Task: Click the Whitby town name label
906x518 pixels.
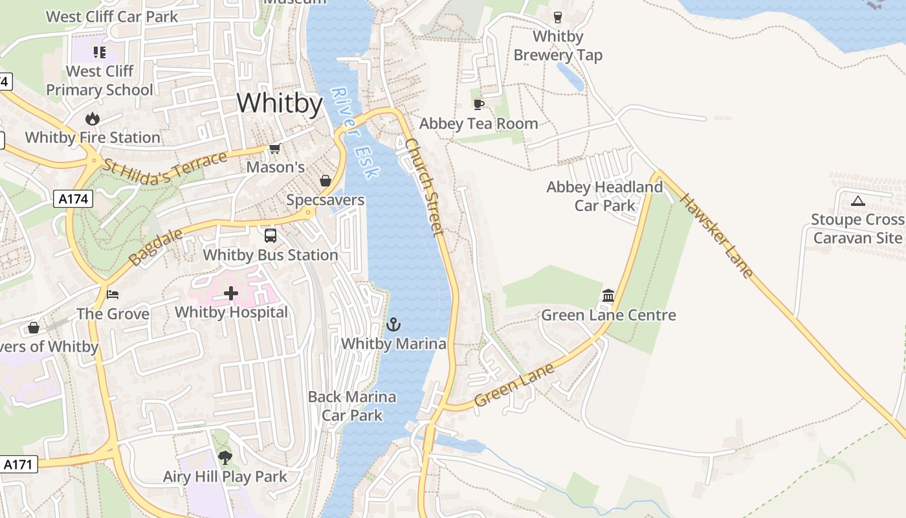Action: [x=280, y=104]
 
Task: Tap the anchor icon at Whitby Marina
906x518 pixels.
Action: [x=393, y=324]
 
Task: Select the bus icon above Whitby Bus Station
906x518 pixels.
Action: [x=271, y=236]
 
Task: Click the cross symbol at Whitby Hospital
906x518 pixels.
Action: [x=231, y=293]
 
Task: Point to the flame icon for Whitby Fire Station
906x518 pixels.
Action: [x=93, y=118]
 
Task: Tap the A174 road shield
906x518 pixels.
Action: [x=73, y=199]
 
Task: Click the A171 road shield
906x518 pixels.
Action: [x=19, y=464]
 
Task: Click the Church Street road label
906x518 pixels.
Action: [x=425, y=186]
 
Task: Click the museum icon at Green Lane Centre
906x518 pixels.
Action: [x=608, y=296]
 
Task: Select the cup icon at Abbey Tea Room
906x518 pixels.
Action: [x=479, y=104]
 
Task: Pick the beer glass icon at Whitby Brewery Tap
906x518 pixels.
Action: [x=557, y=17]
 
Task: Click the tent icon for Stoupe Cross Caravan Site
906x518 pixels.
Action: [x=857, y=201]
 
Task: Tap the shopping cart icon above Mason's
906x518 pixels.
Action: [x=275, y=149]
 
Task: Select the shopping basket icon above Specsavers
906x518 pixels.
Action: [x=326, y=181]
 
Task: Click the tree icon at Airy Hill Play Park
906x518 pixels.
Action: [x=225, y=458]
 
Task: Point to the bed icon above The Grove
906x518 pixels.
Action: [x=113, y=295]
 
